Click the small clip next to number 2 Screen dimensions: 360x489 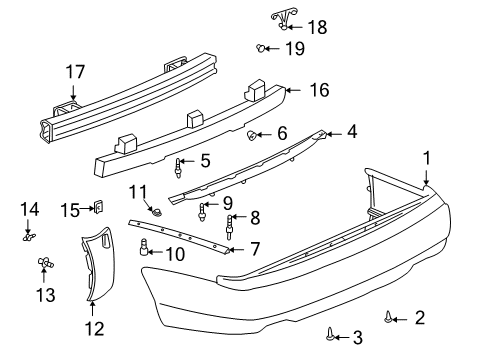pos(387,318)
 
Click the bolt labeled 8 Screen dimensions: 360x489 pos(231,225)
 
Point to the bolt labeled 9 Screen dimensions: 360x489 pos(203,210)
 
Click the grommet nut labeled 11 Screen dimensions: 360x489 pos(157,211)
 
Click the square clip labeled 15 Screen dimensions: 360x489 pos(99,208)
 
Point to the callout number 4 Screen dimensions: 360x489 pos(352,132)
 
